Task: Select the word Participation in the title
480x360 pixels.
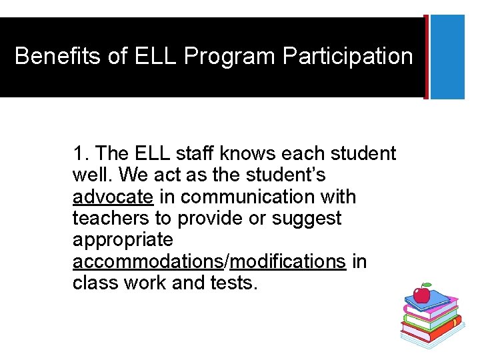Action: [348, 56]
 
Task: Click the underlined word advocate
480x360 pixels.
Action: [113, 197]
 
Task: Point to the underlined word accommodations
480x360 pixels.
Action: [147, 261]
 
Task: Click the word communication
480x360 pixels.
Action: [257, 197]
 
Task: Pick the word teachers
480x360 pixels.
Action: [111, 219]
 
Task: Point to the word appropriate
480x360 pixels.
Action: [123, 240]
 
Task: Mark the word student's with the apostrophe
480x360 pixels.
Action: [282, 175]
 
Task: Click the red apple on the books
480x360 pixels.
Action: [421, 294]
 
